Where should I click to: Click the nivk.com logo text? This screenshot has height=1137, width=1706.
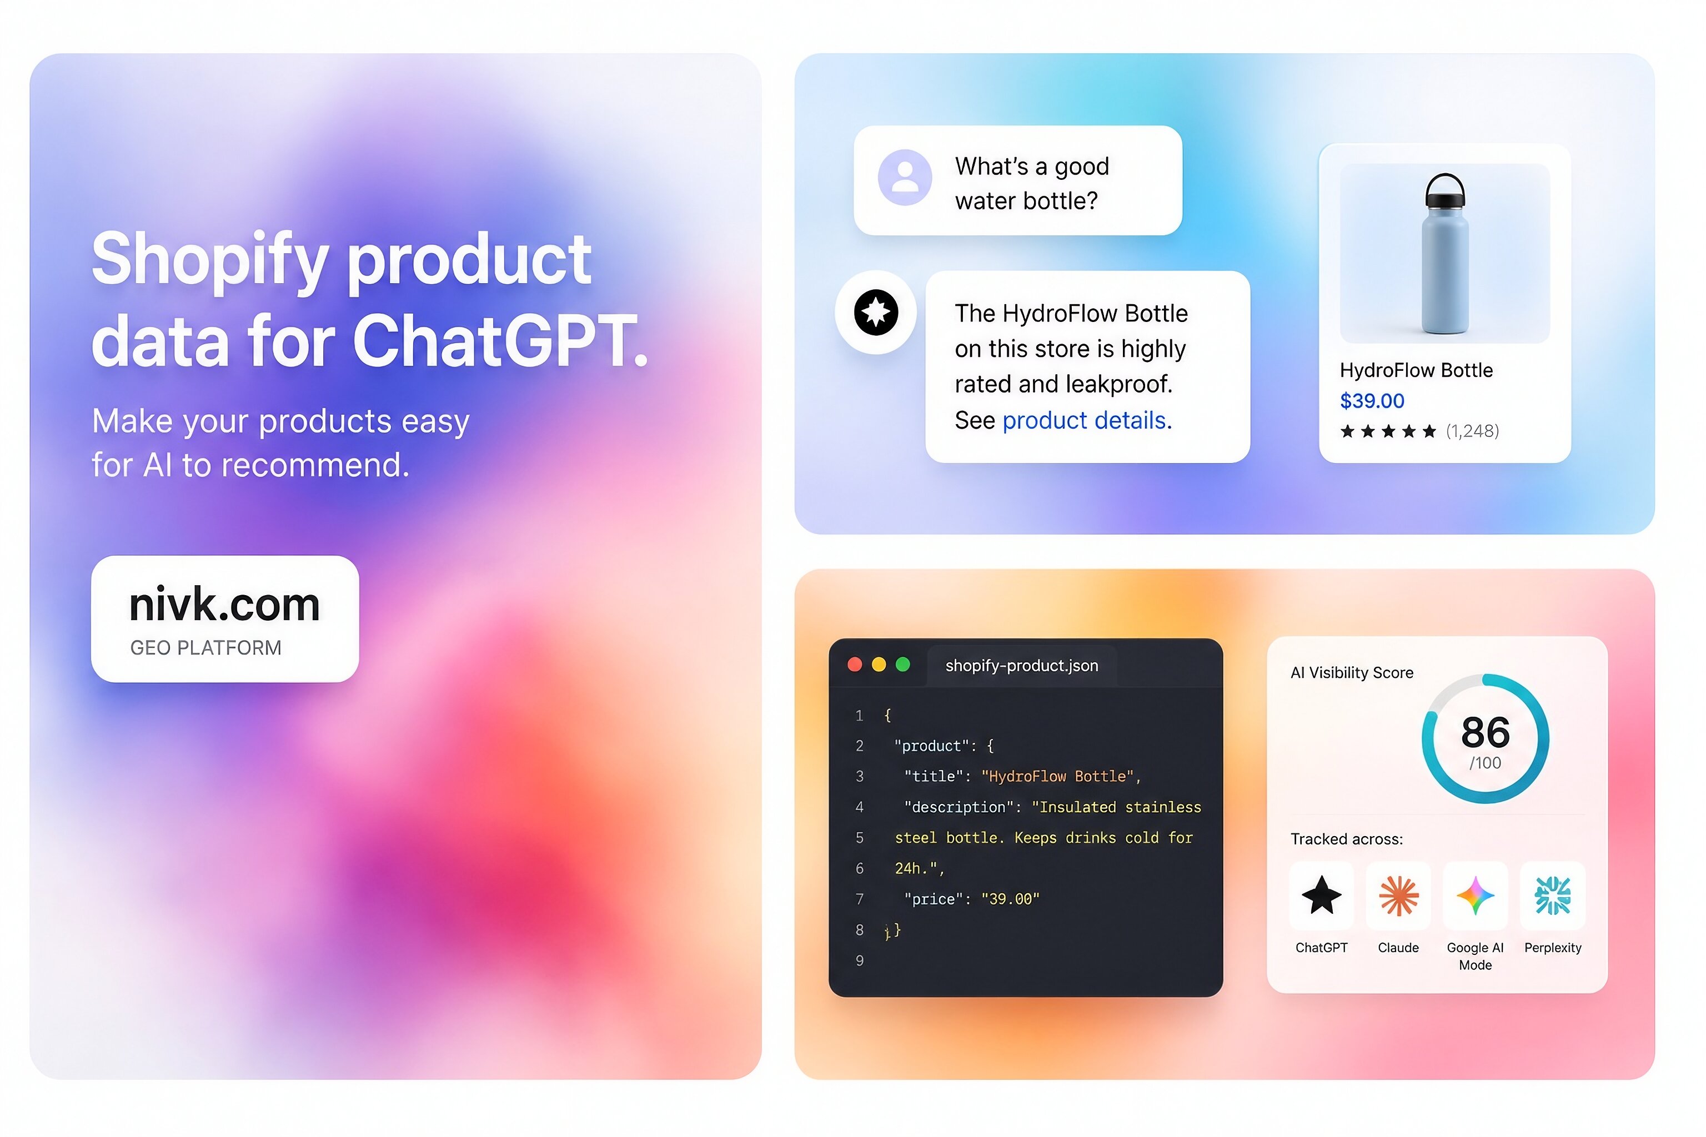(x=224, y=604)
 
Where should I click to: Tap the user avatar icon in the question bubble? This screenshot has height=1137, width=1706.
(x=905, y=178)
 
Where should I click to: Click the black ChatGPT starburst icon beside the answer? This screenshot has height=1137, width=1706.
(x=875, y=313)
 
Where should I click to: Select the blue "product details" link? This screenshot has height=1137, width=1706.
(x=1087, y=421)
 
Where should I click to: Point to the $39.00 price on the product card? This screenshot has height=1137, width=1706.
(x=1372, y=401)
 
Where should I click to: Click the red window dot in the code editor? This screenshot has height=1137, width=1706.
(x=855, y=665)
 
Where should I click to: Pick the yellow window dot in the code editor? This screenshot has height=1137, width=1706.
(x=879, y=665)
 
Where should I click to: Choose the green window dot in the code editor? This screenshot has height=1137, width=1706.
(x=902, y=665)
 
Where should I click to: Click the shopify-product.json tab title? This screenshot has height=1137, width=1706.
(x=1021, y=666)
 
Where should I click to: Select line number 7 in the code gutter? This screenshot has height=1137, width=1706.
(x=860, y=899)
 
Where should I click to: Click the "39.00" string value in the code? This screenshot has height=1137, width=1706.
(x=1010, y=899)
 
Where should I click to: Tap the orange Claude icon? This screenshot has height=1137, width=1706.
(x=1398, y=895)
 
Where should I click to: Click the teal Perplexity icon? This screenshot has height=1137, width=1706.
(x=1552, y=895)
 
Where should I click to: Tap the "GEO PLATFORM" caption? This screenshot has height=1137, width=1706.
(x=205, y=647)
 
